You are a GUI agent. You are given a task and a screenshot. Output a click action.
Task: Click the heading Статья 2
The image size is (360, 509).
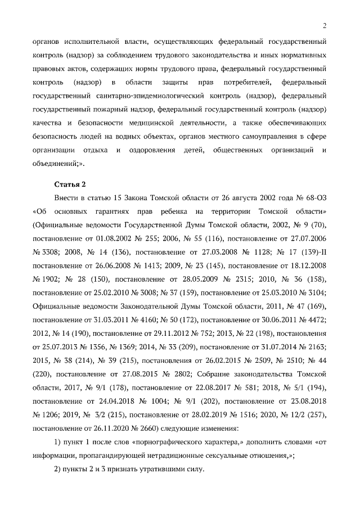click(x=70, y=184)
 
